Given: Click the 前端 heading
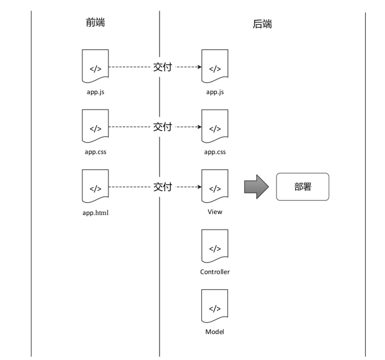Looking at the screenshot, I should pyautogui.click(x=95, y=23).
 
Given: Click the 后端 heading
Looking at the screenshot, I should pyautogui.click(x=262, y=24).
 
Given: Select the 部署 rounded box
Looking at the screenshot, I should pyautogui.click(x=302, y=187).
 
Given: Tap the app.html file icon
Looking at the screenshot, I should pyautogui.click(x=95, y=187).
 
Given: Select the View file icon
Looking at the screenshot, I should pyautogui.click(x=215, y=187).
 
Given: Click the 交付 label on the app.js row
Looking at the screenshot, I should pyautogui.click(x=162, y=66).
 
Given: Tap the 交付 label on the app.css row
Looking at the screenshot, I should pyautogui.click(x=162, y=126).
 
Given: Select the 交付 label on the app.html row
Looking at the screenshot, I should pyautogui.click(x=162, y=187).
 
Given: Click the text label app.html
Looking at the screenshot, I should pyautogui.click(x=95, y=212).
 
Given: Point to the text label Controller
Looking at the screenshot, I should pyautogui.click(x=215, y=272).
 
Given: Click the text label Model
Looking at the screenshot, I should pyautogui.click(x=215, y=332).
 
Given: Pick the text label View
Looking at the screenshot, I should pyautogui.click(x=215, y=212).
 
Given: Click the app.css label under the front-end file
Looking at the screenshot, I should pyautogui.click(x=95, y=152).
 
